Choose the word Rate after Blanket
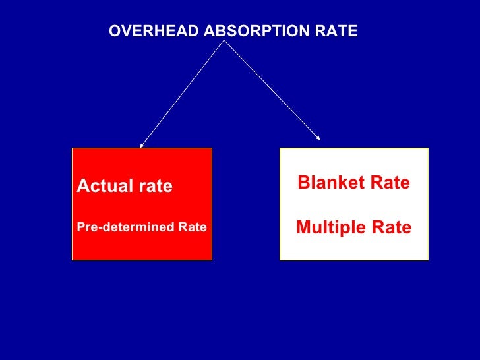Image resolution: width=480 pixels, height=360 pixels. pos(388,183)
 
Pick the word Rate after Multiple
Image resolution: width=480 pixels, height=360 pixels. pos(390,228)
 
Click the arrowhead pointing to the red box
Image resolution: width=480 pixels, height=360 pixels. pos(141,145)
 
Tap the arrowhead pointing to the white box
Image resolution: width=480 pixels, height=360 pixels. pos(318,138)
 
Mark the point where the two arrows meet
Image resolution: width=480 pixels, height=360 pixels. pos(225,40)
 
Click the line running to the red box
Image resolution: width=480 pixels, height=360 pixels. pos(183,92)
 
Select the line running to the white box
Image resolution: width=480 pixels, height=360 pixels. pos(272,89)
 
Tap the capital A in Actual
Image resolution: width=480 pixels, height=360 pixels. pos(82,187)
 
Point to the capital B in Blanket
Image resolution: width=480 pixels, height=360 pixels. pos(303,183)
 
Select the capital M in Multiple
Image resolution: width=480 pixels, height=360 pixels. pos(303,228)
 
